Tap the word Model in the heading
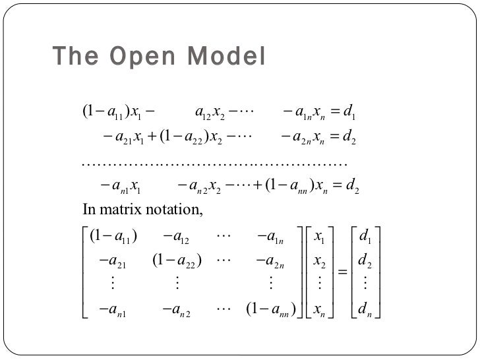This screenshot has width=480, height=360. click(x=227, y=57)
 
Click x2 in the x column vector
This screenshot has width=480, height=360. click(x=320, y=261)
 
